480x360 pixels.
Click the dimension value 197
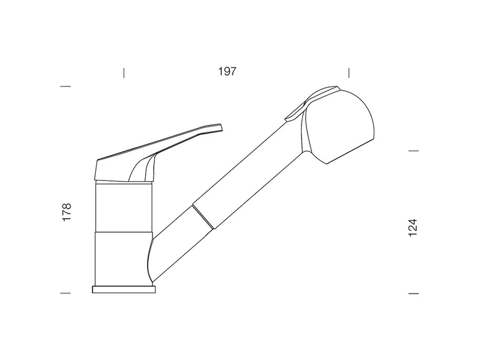[227, 71]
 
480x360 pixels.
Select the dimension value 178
[66, 211]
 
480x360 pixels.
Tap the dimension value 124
[413, 227]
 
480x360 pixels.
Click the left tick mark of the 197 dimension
[123, 73]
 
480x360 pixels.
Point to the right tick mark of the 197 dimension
[349, 73]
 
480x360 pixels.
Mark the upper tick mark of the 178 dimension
[66, 86]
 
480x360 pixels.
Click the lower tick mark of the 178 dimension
[66, 293]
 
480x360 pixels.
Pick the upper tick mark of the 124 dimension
[414, 151]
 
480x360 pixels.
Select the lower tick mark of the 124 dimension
[414, 293]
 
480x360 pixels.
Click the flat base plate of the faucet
[124, 289]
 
